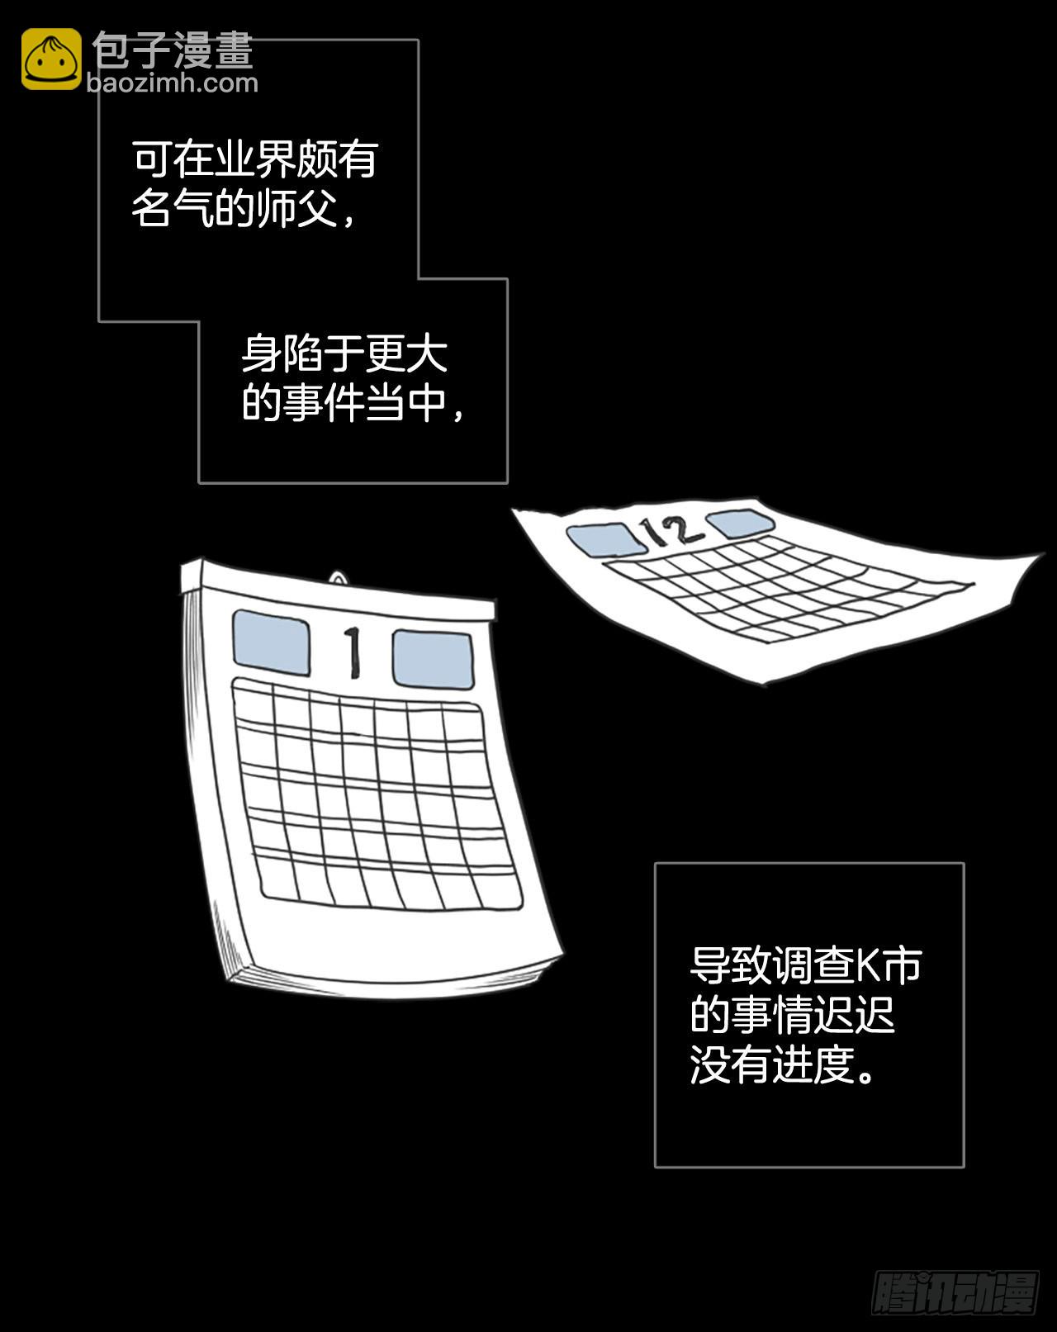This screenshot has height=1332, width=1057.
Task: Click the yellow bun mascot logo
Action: [51, 59]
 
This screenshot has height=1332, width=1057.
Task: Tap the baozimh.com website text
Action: [172, 83]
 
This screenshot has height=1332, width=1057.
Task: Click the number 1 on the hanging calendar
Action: [352, 653]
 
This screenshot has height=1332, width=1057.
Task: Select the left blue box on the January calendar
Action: [271, 642]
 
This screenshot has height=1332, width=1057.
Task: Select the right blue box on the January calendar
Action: [433, 659]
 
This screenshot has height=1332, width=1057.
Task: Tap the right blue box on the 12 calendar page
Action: [741, 523]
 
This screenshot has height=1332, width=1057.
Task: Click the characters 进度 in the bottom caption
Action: [814, 1064]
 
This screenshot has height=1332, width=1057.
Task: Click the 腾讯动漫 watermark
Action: [955, 1292]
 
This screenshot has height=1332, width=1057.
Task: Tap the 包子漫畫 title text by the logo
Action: [173, 50]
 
